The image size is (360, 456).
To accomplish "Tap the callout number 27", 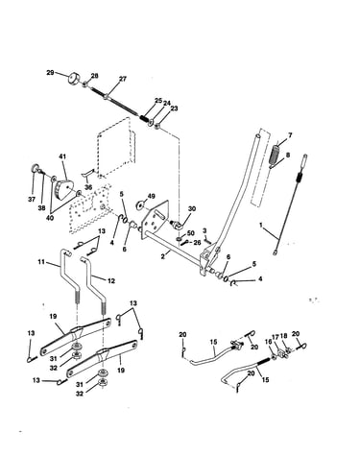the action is coord(122,79).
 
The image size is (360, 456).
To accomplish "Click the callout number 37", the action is coord(31,200).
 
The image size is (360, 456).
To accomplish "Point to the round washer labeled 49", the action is coord(141,205).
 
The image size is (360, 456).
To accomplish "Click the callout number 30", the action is coord(192,209).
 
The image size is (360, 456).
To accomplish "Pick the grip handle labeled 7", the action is coord(276,155).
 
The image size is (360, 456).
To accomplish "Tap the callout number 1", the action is coord(261,226).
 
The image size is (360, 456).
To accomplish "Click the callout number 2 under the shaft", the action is coord(163,256).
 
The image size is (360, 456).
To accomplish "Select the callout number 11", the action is coord(41,262).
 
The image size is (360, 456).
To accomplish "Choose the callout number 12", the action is coord(111,281).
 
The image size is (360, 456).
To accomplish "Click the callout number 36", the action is coord(88,187).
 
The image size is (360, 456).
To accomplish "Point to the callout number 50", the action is coord(190,232).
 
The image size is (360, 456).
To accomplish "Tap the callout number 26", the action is coord(197,243).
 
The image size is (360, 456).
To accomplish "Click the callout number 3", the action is coord(204,230).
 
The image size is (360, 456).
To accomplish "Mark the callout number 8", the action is coord(288,155).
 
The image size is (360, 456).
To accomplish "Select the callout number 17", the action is coord(276,338).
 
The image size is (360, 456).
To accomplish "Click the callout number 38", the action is coord(41,207).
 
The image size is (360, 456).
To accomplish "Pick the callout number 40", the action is coord(51,218).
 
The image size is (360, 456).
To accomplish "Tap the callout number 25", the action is coord(158,101).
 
